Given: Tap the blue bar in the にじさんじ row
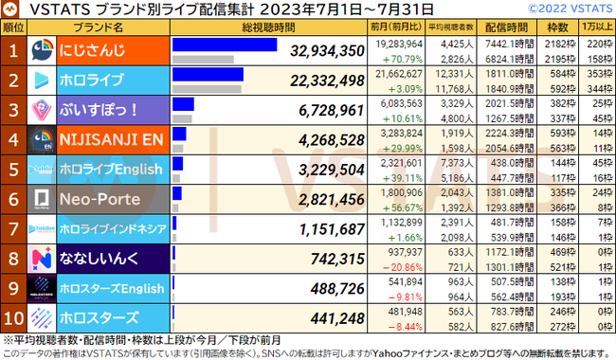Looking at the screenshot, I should pos(225,45).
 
